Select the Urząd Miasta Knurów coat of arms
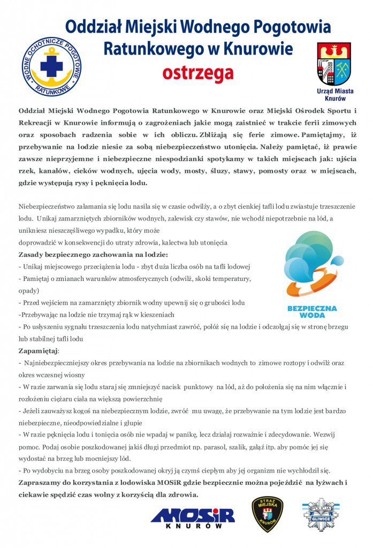(334, 64)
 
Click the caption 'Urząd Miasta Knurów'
(334, 95)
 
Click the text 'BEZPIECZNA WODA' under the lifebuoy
(312, 312)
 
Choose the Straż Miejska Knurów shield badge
(267, 514)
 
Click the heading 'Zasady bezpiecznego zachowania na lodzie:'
(94, 254)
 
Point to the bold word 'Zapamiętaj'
(39, 351)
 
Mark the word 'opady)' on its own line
(28, 291)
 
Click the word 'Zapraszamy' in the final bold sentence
(43, 483)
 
